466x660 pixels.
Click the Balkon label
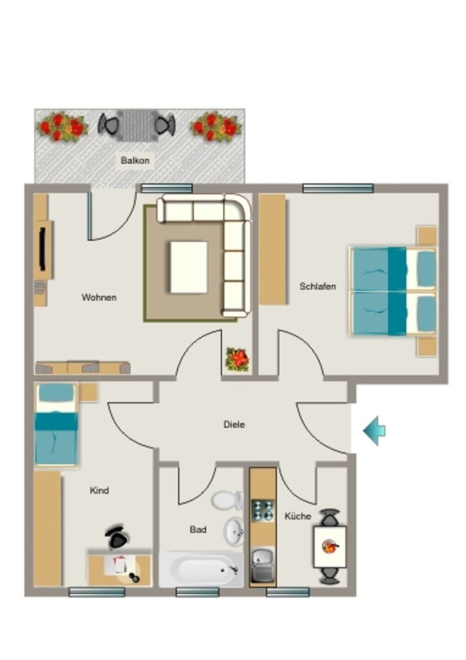[135, 160]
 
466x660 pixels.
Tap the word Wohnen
[98, 298]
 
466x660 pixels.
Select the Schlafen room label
[318, 286]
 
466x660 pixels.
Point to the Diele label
[234, 424]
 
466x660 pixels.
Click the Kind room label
[99, 490]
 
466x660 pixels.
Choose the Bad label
[198, 530]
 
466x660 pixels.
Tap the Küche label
[298, 516]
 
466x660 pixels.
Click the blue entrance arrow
[374, 431]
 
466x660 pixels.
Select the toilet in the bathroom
[227, 500]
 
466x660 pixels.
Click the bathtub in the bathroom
[201, 570]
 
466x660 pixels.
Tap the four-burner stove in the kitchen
[263, 510]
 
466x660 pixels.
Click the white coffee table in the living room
[189, 267]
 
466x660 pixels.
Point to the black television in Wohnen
[42, 249]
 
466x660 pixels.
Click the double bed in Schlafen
[393, 291]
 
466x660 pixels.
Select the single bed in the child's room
[56, 425]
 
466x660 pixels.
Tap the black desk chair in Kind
[116, 537]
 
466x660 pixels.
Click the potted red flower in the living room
[238, 360]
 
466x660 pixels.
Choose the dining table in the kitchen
[330, 547]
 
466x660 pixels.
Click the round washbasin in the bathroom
[234, 532]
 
